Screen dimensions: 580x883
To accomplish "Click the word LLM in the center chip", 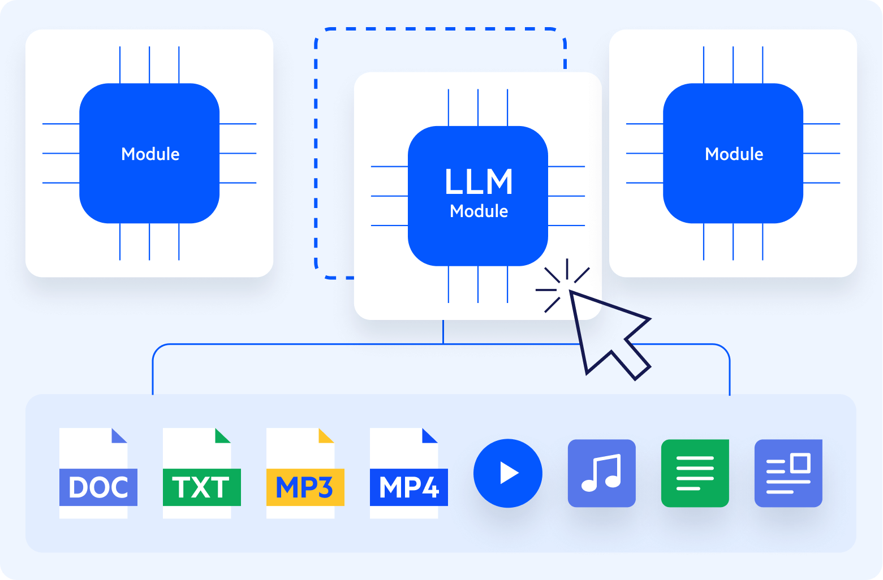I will pos(479,182).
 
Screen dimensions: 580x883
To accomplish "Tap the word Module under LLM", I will pos(479,211).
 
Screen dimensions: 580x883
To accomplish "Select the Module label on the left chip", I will pos(150,154).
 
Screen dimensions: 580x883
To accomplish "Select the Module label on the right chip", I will pos(734,154).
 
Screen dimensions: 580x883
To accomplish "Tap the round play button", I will pos(507,473).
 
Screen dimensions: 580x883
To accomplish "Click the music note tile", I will pos(601,473).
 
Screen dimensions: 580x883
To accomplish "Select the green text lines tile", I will pos(695,473).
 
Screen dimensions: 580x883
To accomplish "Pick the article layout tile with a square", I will pos(788,473).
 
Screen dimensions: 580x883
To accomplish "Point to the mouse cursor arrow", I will pos(605,334).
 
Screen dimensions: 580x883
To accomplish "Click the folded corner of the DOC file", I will pos(119,436).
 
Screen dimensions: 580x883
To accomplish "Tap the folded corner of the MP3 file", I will pos(326,436).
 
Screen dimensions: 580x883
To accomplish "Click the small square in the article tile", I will pos(800,462).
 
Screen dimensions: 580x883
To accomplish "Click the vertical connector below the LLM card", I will pos(443,332).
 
